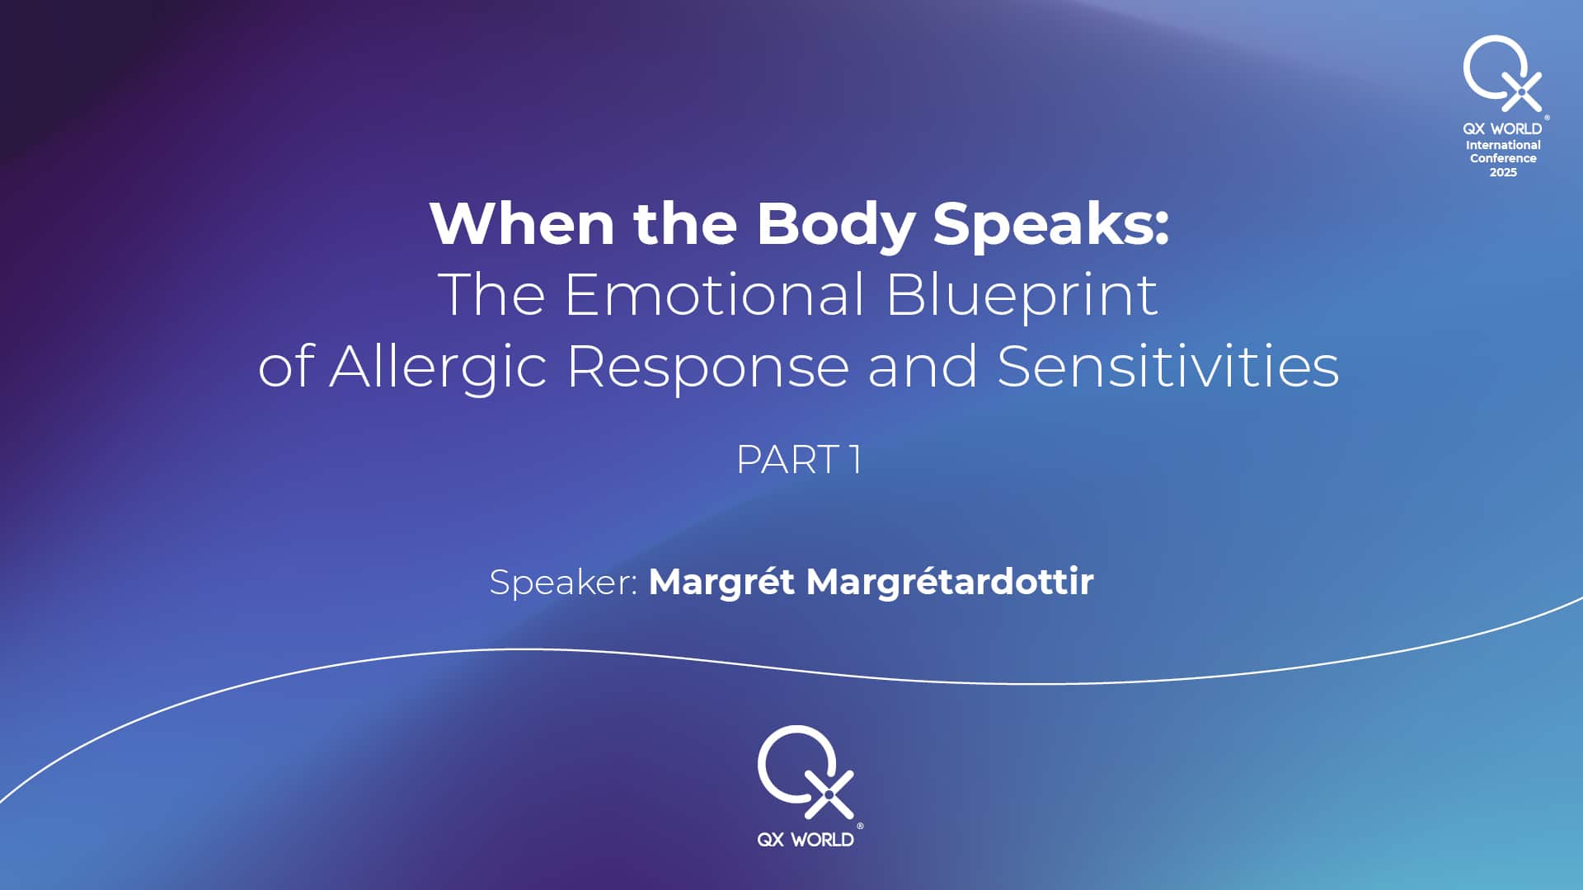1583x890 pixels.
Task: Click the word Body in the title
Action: point(836,225)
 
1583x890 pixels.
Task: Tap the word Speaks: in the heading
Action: point(1051,225)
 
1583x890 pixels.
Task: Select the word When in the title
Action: point(522,223)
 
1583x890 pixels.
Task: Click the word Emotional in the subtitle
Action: point(715,294)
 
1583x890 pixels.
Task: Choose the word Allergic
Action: point(439,367)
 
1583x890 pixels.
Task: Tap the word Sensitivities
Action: point(1168,366)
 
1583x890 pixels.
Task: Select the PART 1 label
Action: point(798,460)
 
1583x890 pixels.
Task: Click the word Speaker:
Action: point(563,583)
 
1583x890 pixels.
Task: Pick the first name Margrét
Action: point(721,583)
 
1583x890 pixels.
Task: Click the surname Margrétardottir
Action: point(950,583)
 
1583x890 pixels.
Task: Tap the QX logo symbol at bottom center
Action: point(806,772)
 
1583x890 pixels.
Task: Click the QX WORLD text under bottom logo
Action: point(806,840)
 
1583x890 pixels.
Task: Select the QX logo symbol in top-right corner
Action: point(1502,73)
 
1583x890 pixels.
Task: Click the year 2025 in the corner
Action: point(1503,172)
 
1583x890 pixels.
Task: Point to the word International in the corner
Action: point(1503,145)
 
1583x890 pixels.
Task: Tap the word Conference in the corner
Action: point(1503,158)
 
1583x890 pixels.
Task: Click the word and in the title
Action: point(923,366)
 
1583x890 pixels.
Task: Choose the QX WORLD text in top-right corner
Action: point(1502,129)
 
